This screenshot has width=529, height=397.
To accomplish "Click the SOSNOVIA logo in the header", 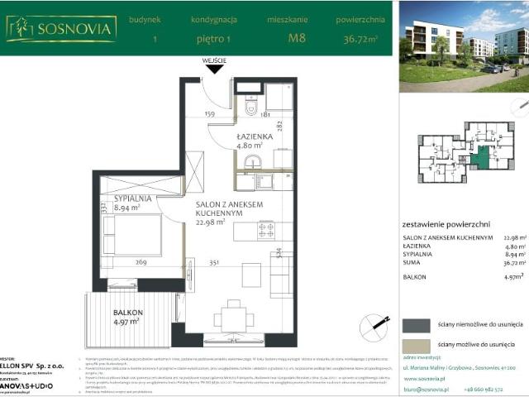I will tap(61, 28).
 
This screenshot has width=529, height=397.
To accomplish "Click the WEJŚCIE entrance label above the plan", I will tap(213, 61).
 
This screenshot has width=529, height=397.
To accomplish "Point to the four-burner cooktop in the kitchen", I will tap(265, 231).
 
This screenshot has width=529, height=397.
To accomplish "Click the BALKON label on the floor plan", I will tap(128, 312).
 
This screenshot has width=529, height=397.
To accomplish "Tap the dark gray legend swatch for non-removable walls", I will tap(416, 324).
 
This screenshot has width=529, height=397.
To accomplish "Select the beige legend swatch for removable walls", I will tap(416, 346).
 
